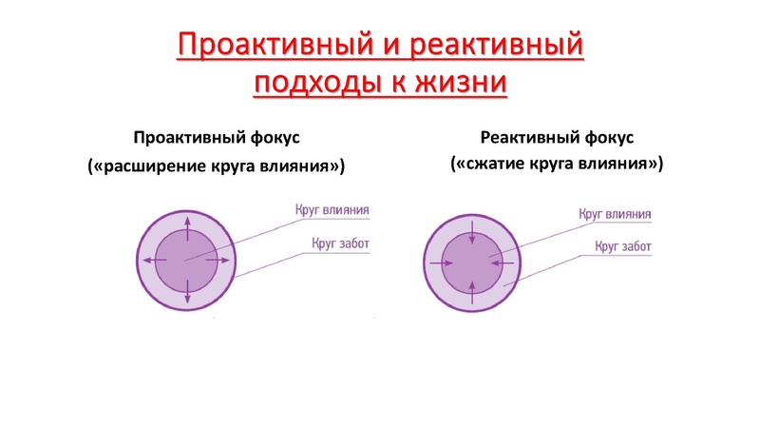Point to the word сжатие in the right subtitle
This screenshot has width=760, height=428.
pyautogui.click(x=494, y=163)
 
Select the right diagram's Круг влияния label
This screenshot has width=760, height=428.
pyautogui.click(x=616, y=215)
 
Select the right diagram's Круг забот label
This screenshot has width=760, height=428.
pyautogui.click(x=623, y=247)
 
